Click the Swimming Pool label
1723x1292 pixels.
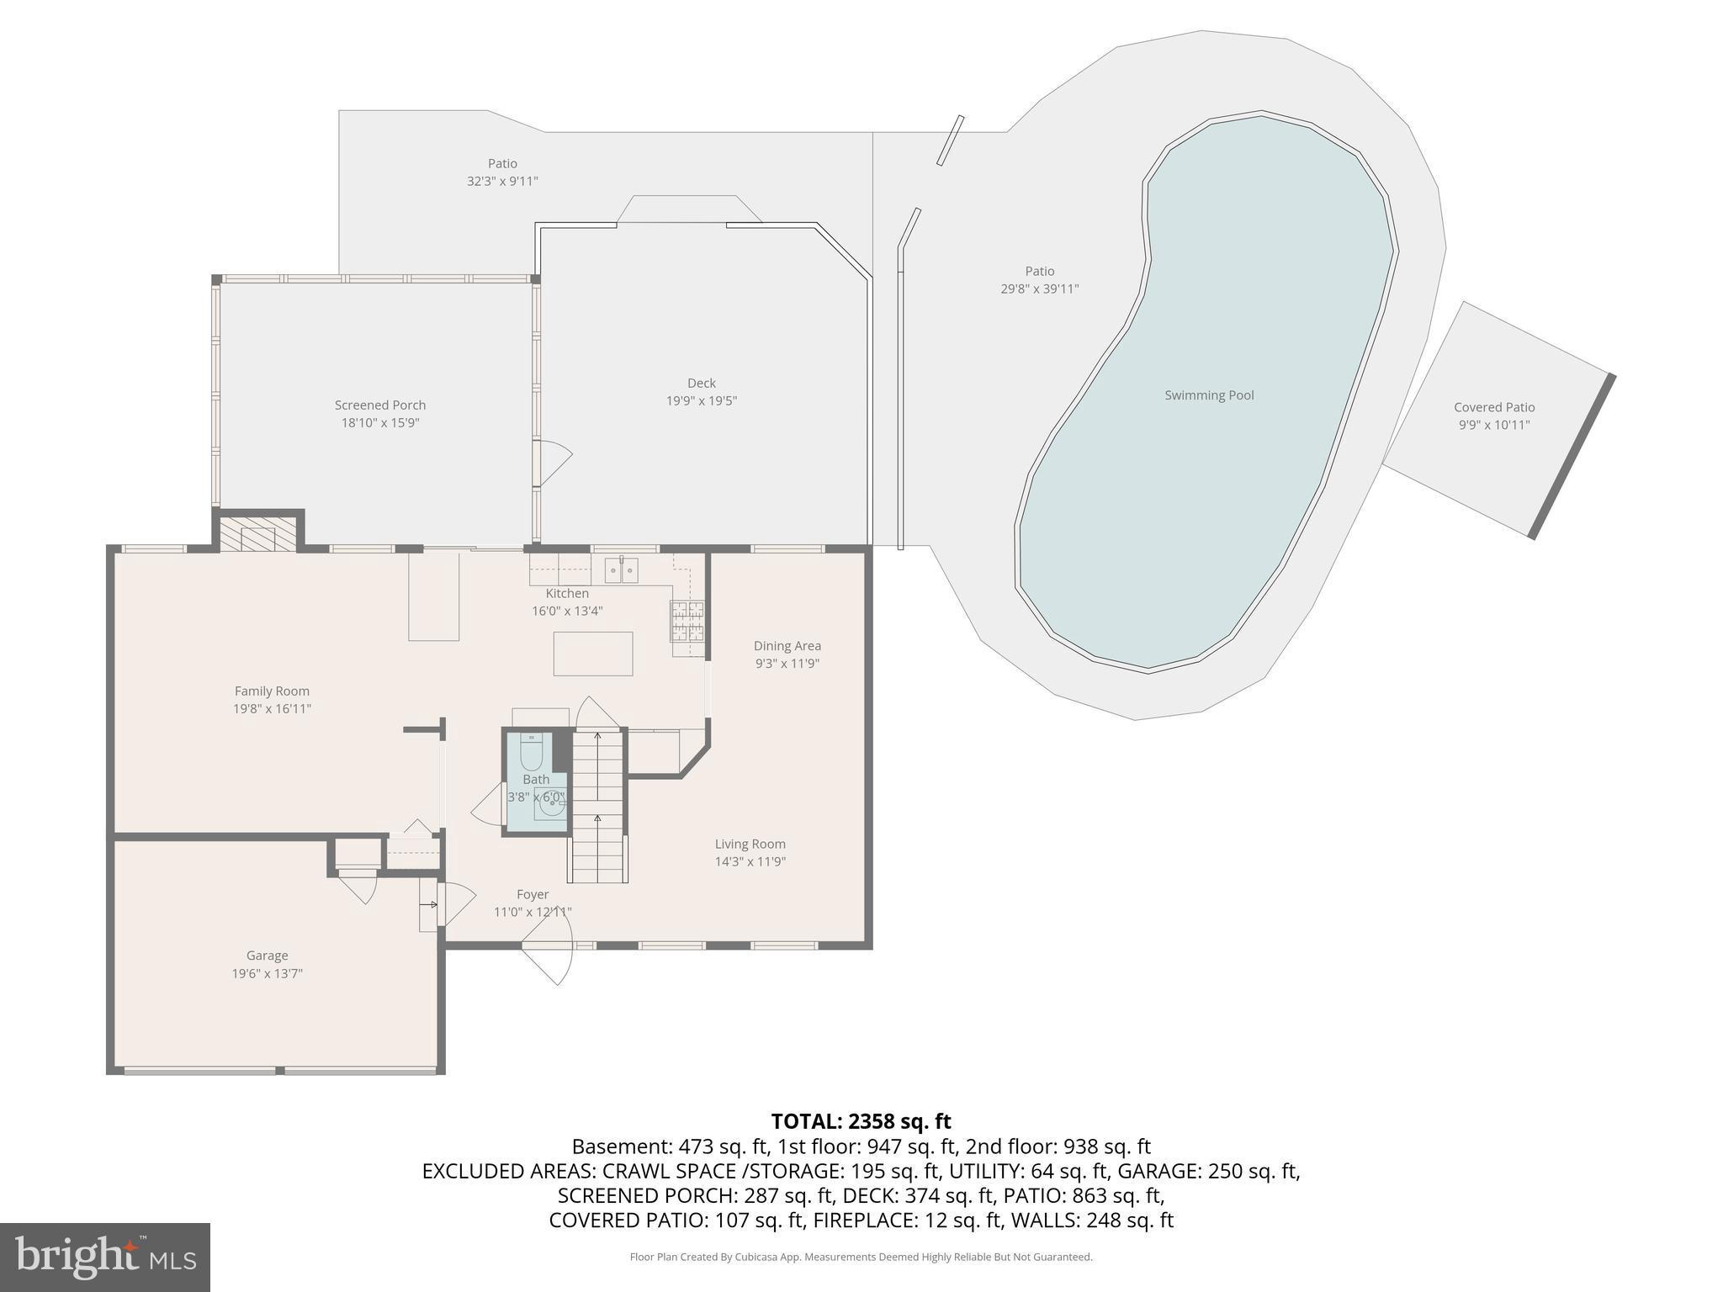[x=1208, y=395]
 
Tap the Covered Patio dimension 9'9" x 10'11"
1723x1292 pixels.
[x=1494, y=425]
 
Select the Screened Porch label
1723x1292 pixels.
[x=380, y=405]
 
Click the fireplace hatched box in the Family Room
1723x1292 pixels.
[x=258, y=534]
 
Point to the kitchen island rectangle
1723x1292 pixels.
[x=593, y=654]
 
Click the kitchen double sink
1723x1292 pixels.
[x=622, y=569]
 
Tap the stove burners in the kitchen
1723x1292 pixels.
[x=687, y=621]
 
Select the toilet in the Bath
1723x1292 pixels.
[x=532, y=752]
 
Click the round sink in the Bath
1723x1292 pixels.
[x=551, y=806]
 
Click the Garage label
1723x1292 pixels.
[x=267, y=956]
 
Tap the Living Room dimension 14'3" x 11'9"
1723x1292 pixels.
[x=750, y=861]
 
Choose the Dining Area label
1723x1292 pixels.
[x=787, y=646]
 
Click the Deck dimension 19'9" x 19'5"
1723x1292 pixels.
[x=702, y=401]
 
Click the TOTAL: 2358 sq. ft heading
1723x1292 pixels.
[x=861, y=1121]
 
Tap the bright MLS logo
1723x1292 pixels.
[x=105, y=1257]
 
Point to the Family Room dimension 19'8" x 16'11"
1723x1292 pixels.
[x=272, y=709]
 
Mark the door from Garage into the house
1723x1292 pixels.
[x=358, y=888]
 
